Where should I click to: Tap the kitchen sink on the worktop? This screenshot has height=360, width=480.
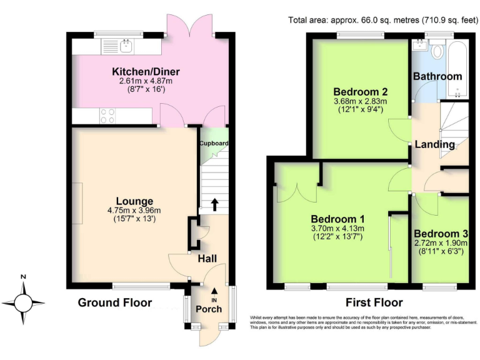coord(126,45)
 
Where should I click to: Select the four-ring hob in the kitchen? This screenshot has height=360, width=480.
coord(107,116)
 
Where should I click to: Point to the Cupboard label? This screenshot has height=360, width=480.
coord(214,143)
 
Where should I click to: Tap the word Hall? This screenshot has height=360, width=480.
coord(208,259)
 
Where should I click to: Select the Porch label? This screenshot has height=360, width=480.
coord(209,309)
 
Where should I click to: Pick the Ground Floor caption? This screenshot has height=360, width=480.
coord(114,303)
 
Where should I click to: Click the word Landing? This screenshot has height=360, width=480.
coord(436,144)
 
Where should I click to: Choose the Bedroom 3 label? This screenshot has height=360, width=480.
coord(441,232)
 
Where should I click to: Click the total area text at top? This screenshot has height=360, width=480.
coord(383,19)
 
